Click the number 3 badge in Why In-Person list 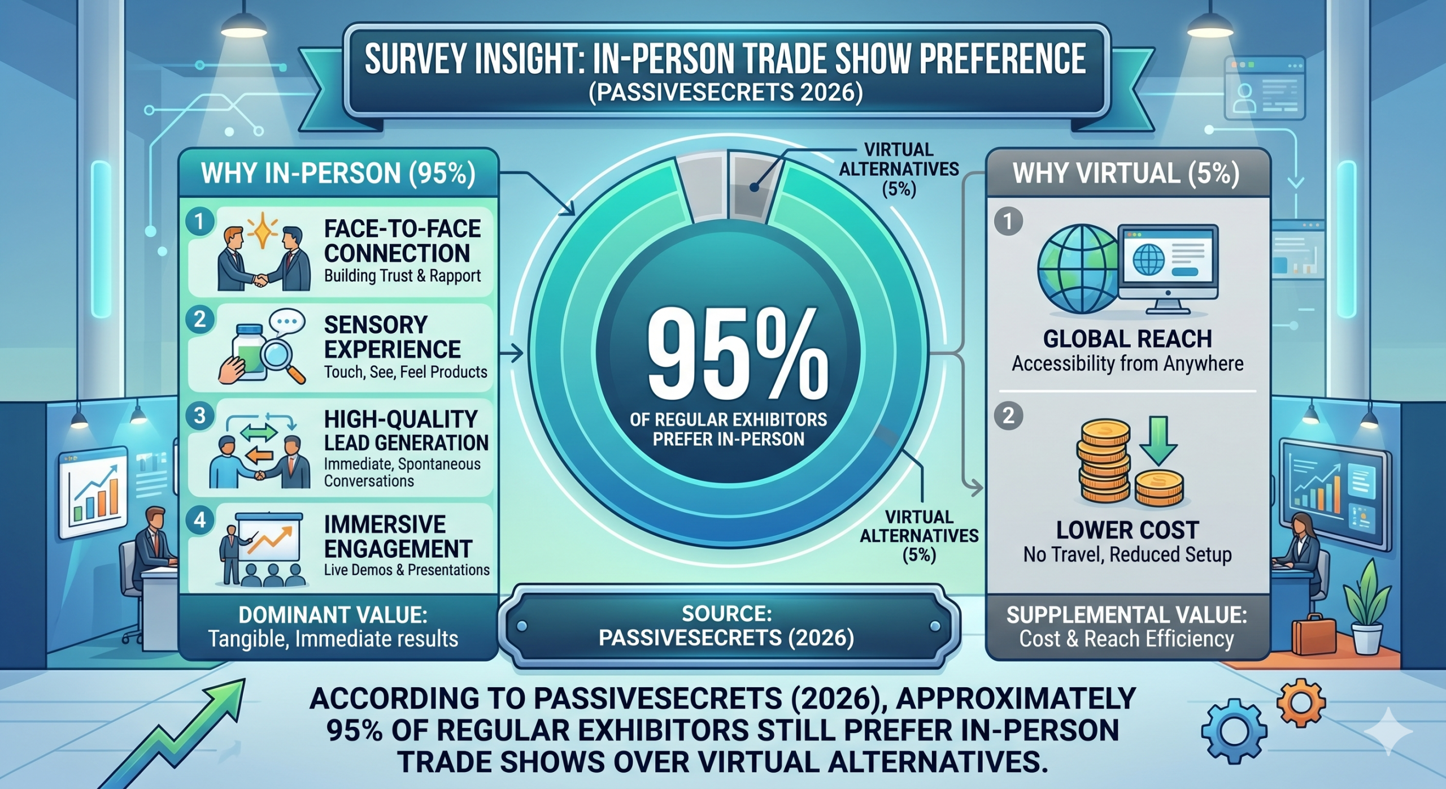click(199, 416)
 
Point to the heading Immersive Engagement click(398, 536)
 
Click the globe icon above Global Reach click(1078, 269)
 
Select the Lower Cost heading click(1127, 530)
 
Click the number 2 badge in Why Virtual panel click(1008, 416)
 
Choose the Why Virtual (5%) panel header click(1126, 174)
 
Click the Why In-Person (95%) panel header click(338, 174)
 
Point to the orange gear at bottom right click(1300, 703)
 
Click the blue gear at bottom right click(1234, 731)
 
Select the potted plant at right click(1367, 610)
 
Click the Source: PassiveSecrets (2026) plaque click(727, 626)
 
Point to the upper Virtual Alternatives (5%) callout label click(899, 169)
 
